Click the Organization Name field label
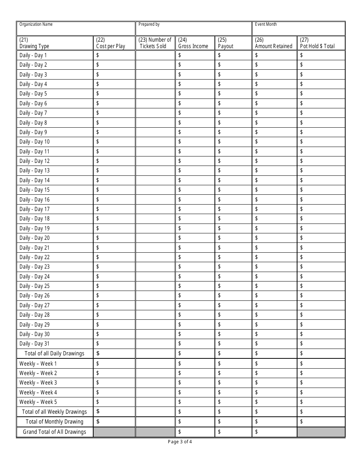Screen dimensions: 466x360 click(36, 25)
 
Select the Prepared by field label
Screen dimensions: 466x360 click(149, 25)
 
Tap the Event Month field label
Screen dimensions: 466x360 click(266, 25)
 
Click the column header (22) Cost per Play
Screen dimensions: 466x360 click(111, 43)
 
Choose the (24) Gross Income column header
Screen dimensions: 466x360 click(193, 43)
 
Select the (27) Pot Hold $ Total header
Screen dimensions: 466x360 click(318, 43)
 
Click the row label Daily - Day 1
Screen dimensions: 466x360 click(33, 55)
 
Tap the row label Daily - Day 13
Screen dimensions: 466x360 click(34, 171)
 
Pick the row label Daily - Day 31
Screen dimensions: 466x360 click(34, 344)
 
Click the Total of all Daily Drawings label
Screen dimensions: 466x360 click(54, 353)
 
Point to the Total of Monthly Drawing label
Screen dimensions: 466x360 click(54, 422)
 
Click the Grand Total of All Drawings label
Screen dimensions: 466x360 click(54, 432)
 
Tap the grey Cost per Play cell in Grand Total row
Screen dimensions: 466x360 click(114, 432)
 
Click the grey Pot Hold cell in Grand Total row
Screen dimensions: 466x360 click(321, 432)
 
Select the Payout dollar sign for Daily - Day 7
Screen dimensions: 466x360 click(220, 113)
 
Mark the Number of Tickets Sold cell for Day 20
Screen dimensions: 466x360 click(155, 238)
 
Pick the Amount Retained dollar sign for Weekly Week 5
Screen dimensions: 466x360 click(257, 402)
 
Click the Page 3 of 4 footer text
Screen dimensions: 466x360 click(180, 442)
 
